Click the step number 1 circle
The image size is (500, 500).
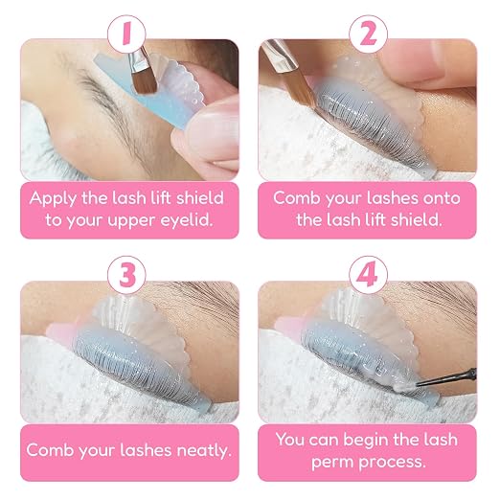pos(126,34)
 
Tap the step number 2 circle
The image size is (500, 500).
pos(368,34)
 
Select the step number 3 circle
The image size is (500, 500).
pos(126,275)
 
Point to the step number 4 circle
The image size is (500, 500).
pos(368,275)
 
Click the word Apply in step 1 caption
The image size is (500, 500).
pos(53,199)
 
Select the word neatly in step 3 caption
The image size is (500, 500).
pos(204,451)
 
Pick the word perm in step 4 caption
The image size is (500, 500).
pos(333,463)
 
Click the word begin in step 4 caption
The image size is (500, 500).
pos(366,441)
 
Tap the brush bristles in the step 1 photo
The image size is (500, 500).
pos(144,81)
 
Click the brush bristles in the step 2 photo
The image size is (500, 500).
pos(300,86)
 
